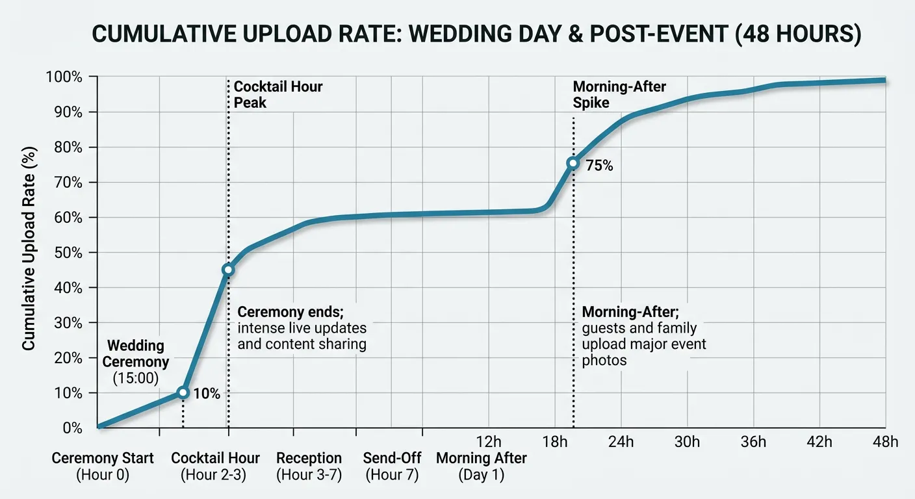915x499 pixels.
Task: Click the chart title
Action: [x=457, y=34]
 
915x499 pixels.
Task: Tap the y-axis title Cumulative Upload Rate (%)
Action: [x=29, y=248]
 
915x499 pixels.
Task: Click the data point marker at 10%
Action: [x=183, y=392]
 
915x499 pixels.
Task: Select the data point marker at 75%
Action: [x=573, y=163]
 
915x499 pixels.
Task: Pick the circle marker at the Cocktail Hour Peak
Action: [x=228, y=270]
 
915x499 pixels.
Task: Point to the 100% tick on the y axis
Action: [x=64, y=77]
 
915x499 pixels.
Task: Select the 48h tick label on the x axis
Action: [x=885, y=442]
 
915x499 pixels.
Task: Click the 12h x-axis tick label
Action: [x=489, y=442]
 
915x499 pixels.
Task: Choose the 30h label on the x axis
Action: [x=687, y=442]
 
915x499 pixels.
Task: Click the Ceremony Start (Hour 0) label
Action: [x=103, y=467]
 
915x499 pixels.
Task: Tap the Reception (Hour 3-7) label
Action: [x=309, y=467]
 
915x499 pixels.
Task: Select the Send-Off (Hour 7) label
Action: [x=391, y=467]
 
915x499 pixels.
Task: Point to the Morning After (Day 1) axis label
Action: [x=482, y=467]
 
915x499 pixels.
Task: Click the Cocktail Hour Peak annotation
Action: [x=277, y=94]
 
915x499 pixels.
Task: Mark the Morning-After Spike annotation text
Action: [x=619, y=94]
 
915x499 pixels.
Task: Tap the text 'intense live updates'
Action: [x=302, y=328]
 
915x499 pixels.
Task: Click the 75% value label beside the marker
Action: [x=599, y=166]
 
